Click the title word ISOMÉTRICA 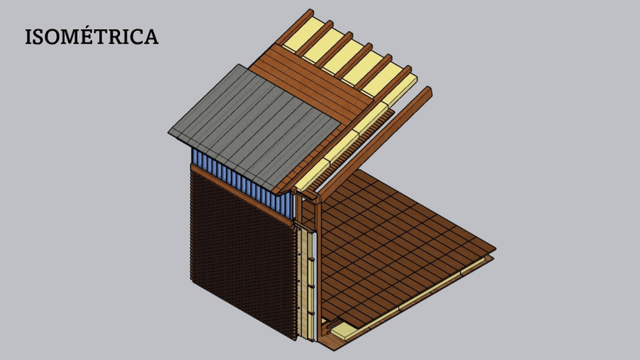[x=91, y=36]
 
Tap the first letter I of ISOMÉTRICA [x=28, y=37]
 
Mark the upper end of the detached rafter [x=428, y=91]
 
